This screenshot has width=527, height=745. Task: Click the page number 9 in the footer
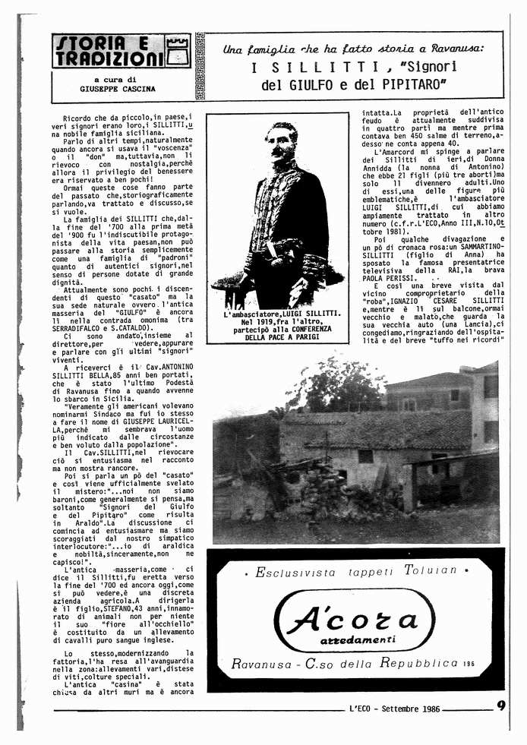pyautogui.click(x=501, y=706)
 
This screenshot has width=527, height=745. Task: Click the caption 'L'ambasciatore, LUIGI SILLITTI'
pyautogui.click(x=277, y=314)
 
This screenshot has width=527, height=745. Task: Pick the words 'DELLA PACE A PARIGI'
pyautogui.click(x=277, y=337)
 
